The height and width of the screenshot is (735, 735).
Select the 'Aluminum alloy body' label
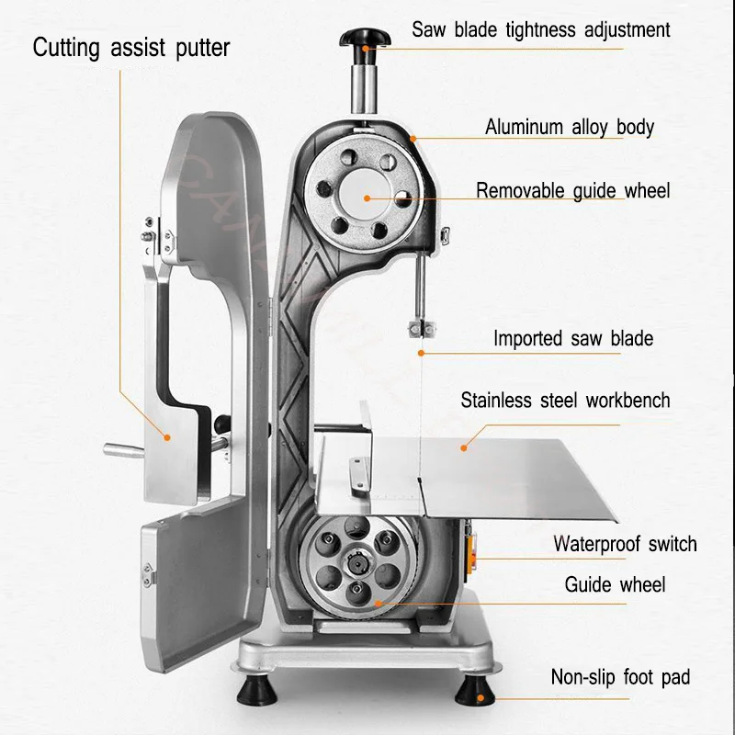570,127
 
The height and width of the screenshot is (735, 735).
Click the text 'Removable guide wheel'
572,191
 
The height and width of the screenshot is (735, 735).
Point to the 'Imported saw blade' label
573,338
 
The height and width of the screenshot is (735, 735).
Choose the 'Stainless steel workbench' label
565,401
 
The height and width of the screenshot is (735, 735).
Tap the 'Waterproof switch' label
625,544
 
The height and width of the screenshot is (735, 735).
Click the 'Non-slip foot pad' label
620,678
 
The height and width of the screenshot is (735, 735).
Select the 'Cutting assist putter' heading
130,48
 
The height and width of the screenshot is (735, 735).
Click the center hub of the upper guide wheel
366,195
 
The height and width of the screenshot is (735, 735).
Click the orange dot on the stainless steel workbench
464,447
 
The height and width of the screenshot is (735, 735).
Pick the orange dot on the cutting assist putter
167,437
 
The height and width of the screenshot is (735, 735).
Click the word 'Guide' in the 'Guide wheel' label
587,585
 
